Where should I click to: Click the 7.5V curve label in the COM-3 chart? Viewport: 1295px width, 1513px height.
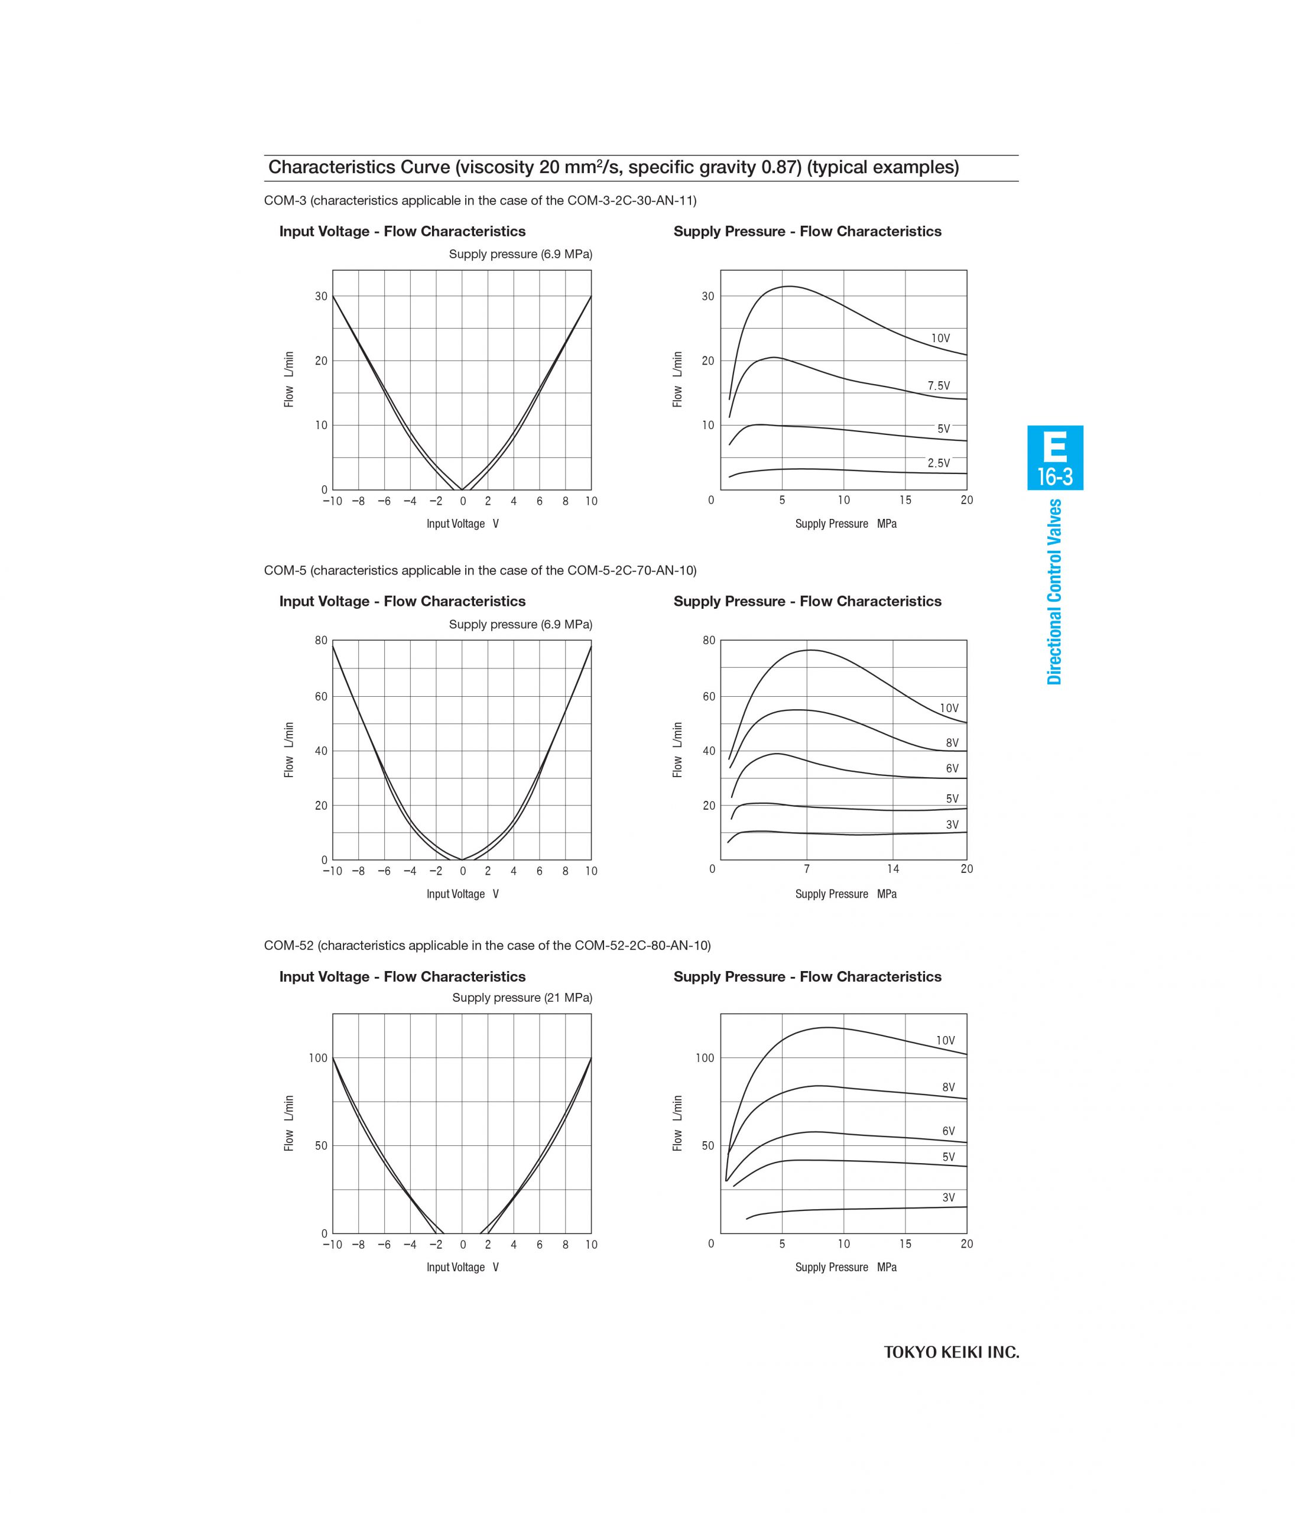click(x=939, y=385)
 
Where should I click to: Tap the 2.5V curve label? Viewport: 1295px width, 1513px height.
click(x=939, y=463)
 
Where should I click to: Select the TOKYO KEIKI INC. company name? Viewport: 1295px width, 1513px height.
click(x=951, y=1352)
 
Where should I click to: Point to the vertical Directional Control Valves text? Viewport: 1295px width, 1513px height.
click(x=1054, y=592)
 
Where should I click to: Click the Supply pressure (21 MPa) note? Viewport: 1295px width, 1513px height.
click(x=521, y=998)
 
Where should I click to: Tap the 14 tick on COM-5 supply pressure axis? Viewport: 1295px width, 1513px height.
click(x=892, y=869)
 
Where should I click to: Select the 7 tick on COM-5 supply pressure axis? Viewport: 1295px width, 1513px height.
click(x=806, y=869)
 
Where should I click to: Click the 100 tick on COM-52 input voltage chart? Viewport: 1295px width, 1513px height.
click(x=319, y=1058)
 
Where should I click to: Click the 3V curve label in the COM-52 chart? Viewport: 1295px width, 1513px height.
click(x=948, y=1197)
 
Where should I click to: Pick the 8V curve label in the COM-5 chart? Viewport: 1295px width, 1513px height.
click(x=952, y=743)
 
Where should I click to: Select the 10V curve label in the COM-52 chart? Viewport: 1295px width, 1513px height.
click(x=945, y=1041)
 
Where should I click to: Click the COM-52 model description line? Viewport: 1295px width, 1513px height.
click(x=487, y=946)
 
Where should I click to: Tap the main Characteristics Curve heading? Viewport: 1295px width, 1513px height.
click(x=614, y=167)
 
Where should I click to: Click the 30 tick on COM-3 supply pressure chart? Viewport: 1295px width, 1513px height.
click(x=707, y=297)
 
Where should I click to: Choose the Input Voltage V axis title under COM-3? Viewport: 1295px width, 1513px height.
click(x=462, y=524)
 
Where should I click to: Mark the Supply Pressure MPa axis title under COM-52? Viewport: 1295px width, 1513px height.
click(x=845, y=1267)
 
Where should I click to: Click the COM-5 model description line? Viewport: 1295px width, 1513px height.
click(x=480, y=570)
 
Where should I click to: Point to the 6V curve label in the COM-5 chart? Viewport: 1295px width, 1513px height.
click(x=952, y=768)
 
